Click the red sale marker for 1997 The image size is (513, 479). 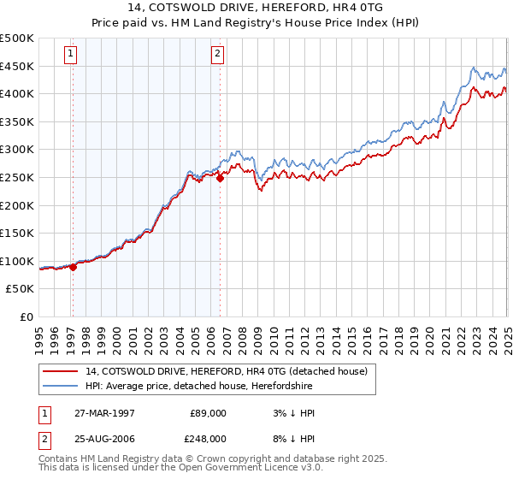(x=73, y=267)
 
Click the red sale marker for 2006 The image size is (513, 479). (x=220, y=178)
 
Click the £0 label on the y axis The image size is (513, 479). (x=27, y=317)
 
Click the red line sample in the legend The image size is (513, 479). (x=60, y=372)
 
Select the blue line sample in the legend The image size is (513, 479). (x=60, y=386)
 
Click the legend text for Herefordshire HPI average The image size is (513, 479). (x=230, y=386)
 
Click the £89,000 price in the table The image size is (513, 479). (x=208, y=413)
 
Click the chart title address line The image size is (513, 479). (x=256, y=8)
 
